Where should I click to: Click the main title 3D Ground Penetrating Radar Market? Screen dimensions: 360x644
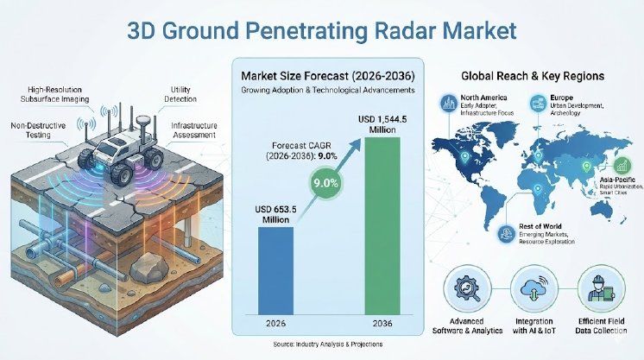(321, 32)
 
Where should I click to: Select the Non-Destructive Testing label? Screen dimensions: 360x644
(34, 129)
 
